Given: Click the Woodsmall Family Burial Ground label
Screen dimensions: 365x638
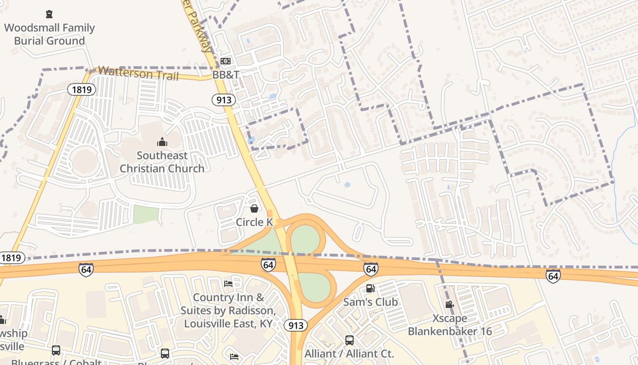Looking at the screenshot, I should pyautogui.click(x=49, y=34).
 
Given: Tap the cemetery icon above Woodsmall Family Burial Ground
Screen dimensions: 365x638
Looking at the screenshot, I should pyautogui.click(x=49, y=14).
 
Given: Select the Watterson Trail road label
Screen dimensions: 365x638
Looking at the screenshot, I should pyautogui.click(x=139, y=73).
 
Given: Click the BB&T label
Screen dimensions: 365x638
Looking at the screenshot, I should pyautogui.click(x=226, y=74).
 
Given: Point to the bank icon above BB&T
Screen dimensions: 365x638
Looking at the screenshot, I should pyautogui.click(x=226, y=61).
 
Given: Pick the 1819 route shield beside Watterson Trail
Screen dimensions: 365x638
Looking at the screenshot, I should pyautogui.click(x=82, y=89).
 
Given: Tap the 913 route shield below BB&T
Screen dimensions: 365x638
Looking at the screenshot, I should pyautogui.click(x=223, y=100).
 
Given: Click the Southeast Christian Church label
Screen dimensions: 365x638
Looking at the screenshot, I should pyautogui.click(x=162, y=162).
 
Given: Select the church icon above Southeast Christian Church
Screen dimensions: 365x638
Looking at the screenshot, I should pyautogui.click(x=162, y=142).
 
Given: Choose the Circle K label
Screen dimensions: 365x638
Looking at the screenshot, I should pyautogui.click(x=254, y=222).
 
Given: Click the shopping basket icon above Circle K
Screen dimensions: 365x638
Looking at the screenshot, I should pyautogui.click(x=254, y=209).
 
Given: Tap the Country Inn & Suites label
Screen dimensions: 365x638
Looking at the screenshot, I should pyautogui.click(x=228, y=310).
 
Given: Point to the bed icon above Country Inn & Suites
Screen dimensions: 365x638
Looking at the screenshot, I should pyautogui.click(x=229, y=284).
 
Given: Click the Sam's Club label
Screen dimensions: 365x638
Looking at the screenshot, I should pyautogui.click(x=370, y=302).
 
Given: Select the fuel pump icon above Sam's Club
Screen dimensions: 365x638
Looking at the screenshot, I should pyautogui.click(x=370, y=288).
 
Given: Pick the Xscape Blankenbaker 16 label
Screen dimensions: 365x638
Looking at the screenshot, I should pyautogui.click(x=450, y=324).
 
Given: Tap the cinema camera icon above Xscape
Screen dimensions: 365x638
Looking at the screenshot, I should pyautogui.click(x=449, y=304).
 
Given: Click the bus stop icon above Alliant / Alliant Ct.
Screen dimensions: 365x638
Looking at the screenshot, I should pyautogui.click(x=350, y=340).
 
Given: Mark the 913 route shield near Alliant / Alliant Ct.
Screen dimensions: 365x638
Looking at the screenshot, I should pyautogui.click(x=296, y=325).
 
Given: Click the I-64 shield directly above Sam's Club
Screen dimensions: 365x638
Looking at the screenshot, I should pyautogui.click(x=371, y=269).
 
